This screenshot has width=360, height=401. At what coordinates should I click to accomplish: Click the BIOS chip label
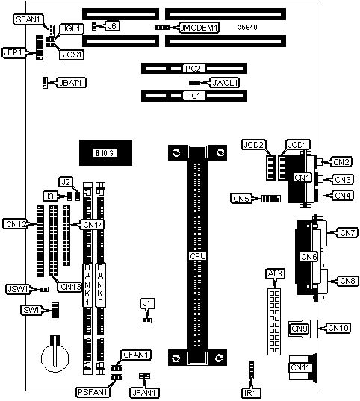(105, 153)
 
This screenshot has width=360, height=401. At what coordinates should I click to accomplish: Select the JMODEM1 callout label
(199, 28)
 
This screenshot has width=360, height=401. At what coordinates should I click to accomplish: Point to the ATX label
(275, 274)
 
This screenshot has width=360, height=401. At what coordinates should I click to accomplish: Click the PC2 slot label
(193, 69)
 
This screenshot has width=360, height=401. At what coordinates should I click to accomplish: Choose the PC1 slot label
(193, 96)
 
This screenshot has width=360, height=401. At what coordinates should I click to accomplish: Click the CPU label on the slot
(197, 256)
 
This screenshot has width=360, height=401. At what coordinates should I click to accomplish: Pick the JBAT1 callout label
(71, 83)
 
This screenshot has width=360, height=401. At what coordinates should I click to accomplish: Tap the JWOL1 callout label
(225, 83)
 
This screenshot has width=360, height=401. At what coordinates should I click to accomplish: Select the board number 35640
(247, 28)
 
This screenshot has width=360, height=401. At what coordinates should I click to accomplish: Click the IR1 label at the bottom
(251, 393)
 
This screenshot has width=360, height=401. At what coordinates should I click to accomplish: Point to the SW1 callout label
(31, 310)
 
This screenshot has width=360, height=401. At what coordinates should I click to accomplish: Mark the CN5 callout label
(241, 199)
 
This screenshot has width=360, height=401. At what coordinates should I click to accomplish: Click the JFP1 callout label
(13, 53)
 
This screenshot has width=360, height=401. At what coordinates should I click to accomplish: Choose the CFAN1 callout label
(136, 355)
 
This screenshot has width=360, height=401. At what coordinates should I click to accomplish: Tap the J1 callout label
(146, 304)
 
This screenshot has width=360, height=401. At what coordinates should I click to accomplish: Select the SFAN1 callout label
(28, 19)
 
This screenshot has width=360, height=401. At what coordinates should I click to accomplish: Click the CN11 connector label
(300, 367)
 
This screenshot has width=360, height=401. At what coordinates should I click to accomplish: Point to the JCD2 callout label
(253, 145)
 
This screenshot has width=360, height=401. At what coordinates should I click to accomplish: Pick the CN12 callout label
(16, 224)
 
